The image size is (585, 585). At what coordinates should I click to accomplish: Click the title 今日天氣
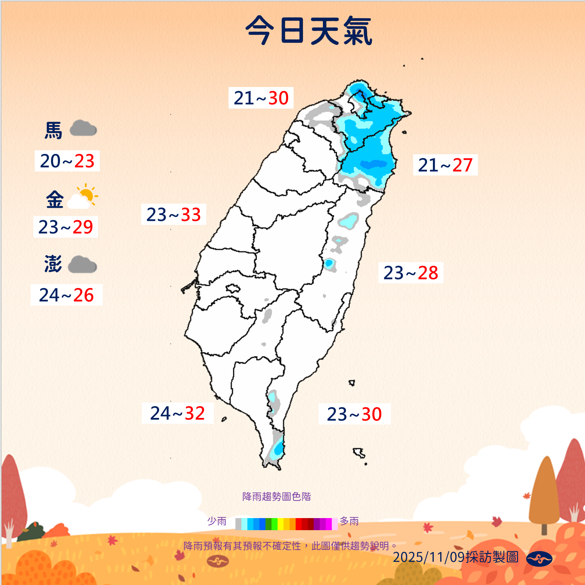tap(309, 31)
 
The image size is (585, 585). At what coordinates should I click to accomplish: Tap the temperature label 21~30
tap(261, 98)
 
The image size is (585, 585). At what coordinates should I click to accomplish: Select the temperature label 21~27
tap(445, 165)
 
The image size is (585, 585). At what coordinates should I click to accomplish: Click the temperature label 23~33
tap(174, 214)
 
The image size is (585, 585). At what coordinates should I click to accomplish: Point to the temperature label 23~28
tap(411, 273)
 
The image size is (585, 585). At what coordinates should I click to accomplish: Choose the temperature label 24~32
tap(178, 413)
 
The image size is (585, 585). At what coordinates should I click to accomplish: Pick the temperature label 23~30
tap(354, 414)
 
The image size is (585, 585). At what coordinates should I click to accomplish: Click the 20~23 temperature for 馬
tap(67, 161)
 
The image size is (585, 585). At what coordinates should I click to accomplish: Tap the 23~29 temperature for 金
tap(66, 227)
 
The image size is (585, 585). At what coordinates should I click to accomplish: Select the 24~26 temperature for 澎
tap(67, 295)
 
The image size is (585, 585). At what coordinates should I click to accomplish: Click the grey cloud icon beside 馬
tap(83, 129)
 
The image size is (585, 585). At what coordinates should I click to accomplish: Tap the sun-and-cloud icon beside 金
tap(83, 197)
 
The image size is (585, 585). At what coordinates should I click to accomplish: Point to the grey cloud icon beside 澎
tap(82, 265)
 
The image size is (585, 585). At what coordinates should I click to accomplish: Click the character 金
tap(54, 200)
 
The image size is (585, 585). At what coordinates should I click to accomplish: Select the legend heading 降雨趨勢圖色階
tap(276, 497)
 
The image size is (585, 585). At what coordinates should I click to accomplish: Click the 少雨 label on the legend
tap(217, 521)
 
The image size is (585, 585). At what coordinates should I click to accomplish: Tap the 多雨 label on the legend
tap(349, 521)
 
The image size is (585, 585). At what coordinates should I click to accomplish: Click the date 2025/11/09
tap(429, 557)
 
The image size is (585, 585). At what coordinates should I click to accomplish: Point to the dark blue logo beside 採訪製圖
tap(539, 558)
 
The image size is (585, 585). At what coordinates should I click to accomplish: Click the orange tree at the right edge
tap(546, 494)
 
